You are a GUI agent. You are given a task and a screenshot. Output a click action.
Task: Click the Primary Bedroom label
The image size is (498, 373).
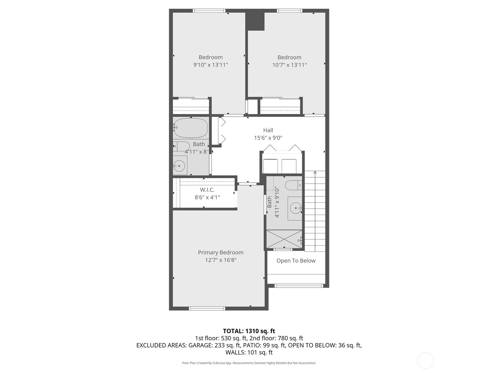tap(221, 252)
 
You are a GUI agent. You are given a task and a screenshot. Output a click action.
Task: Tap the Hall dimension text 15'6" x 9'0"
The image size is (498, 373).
tap(268, 138)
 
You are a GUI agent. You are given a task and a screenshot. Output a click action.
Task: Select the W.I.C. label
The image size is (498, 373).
tap(207, 190)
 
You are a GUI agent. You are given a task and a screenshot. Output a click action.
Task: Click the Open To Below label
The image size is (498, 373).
tap(296, 261)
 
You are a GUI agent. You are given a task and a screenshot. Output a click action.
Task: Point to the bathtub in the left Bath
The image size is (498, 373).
tap(191, 128)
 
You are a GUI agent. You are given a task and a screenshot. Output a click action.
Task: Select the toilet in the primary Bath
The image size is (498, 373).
tap(294, 185)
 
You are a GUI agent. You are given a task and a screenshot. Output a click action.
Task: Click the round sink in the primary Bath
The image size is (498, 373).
tap(296, 208)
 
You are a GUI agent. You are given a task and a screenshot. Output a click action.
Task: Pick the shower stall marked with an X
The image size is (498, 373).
tap(284, 239)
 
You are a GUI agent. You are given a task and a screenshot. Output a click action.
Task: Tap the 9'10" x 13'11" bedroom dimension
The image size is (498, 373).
tap(210, 65)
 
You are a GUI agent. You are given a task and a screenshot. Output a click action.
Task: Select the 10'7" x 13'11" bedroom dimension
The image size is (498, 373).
tap(289, 65)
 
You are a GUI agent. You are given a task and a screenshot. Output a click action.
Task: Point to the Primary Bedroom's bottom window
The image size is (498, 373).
tap(207, 308)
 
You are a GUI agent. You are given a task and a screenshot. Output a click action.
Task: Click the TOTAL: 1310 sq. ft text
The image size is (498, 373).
tap(249, 331)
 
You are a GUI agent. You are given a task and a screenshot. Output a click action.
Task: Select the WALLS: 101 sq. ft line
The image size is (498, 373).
tap(249, 352)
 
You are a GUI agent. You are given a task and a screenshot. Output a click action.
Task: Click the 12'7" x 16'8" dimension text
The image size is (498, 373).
tap(221, 260)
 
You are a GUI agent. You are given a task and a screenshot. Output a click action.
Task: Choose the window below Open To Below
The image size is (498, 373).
tap(298, 286)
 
